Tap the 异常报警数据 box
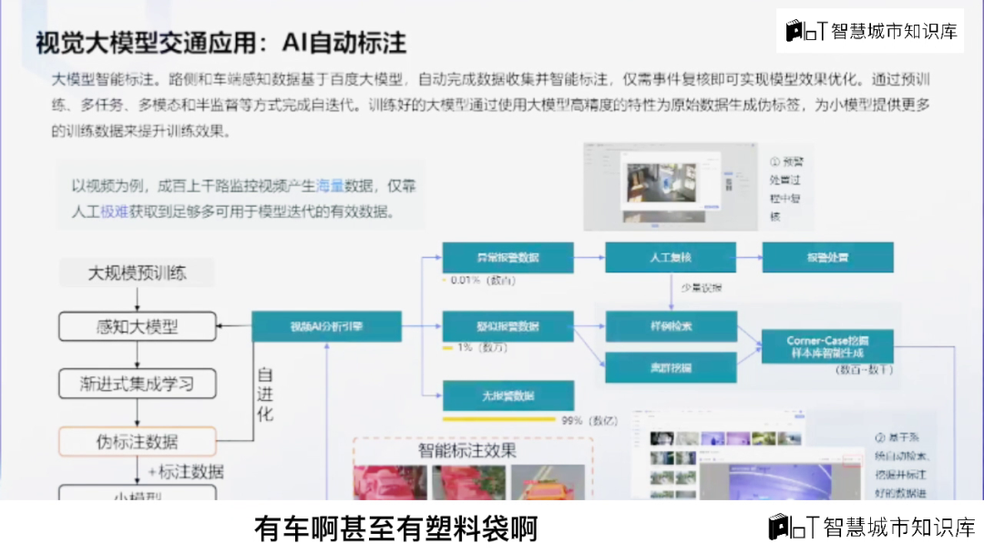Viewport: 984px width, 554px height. [508, 258]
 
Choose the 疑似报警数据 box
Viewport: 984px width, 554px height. [508, 326]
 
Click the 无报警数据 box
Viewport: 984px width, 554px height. [508, 396]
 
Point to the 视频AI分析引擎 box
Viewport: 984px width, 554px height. [326, 326]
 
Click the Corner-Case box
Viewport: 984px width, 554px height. [827, 346]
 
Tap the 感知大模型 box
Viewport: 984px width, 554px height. [138, 327]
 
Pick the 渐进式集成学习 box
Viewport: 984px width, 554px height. [138, 384]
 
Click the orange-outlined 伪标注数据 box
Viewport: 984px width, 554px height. [138, 442]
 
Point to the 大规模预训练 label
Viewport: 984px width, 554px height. [138, 272]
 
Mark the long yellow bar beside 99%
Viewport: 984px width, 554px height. [498, 420]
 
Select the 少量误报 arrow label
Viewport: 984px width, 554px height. [702, 288]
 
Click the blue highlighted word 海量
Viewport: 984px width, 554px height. [330, 187]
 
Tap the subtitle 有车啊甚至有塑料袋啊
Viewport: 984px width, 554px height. [395, 528]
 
